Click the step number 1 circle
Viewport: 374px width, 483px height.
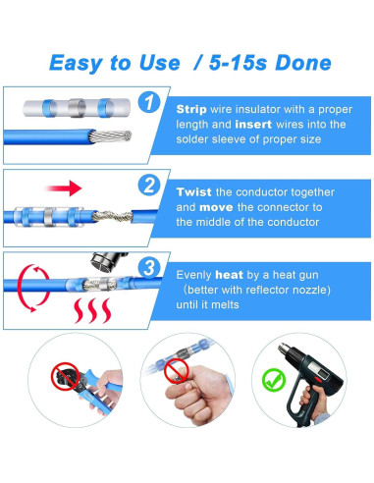[x=149, y=102]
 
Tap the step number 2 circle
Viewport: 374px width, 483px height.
[x=149, y=185]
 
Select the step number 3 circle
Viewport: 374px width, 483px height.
[x=149, y=268]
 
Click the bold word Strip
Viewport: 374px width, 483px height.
[x=191, y=109]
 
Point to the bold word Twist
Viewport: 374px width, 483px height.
[x=193, y=192]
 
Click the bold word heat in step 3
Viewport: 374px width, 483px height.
[x=229, y=275]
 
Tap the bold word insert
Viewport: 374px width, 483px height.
[x=253, y=125]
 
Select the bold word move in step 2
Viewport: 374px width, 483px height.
[x=216, y=207]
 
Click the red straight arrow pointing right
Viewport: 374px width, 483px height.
[x=64, y=188]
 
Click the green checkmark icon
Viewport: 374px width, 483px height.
[x=274, y=380]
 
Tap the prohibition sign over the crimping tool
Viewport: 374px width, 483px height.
[x=65, y=376]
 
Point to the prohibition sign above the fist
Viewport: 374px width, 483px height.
[x=176, y=371]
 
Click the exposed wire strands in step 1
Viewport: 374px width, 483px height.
[x=110, y=136]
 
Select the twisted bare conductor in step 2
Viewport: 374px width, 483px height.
[x=112, y=216]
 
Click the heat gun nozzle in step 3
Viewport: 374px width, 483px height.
[x=108, y=262]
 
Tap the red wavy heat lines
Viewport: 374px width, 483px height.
[x=92, y=310]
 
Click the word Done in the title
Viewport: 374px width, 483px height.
[x=303, y=63]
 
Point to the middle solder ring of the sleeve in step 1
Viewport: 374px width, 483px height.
[x=78, y=108]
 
